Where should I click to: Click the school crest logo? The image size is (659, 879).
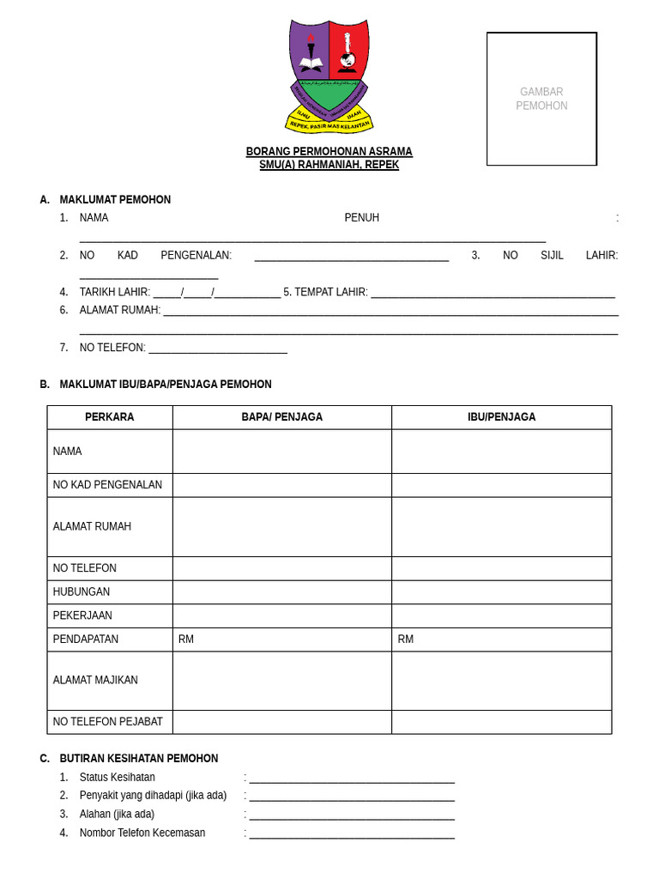329,76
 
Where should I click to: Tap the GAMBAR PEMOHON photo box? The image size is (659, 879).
541,99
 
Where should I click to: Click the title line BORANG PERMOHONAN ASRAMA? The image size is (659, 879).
329,152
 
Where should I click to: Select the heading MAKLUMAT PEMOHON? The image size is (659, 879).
115,200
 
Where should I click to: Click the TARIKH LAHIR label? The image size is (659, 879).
115,292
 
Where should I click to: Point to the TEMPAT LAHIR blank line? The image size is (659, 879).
493,295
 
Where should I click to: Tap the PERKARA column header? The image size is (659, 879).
110,417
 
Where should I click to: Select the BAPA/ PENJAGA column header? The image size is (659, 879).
281,417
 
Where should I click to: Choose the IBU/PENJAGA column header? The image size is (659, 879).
501,417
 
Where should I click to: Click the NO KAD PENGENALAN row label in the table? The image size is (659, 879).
107,485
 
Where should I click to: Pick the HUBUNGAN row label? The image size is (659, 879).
82,592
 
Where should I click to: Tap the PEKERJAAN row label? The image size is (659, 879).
82,615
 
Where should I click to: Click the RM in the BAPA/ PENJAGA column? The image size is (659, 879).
186,640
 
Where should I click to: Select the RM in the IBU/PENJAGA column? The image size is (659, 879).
406,640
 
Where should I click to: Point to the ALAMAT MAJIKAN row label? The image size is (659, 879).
95,681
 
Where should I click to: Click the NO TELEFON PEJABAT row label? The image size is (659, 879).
107,722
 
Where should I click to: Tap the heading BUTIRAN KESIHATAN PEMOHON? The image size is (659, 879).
139,759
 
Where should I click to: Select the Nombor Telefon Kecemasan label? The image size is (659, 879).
142,833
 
